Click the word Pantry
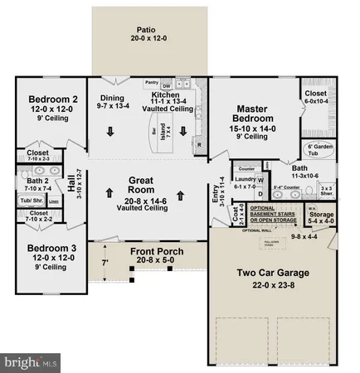151,83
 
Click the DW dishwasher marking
167,86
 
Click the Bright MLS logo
32,362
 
